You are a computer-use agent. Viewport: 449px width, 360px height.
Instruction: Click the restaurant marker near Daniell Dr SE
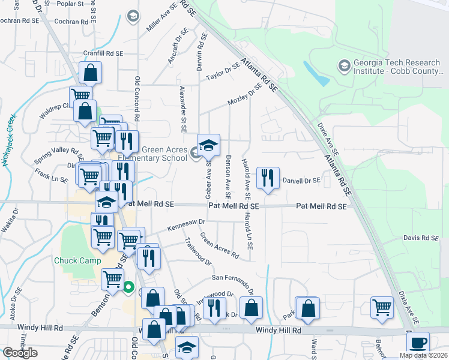pyautogui.click(x=268, y=178)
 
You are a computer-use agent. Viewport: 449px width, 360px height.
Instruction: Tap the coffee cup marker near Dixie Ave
pyautogui.click(x=418, y=343)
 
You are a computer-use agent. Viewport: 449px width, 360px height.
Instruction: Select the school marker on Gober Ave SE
pyautogui.click(x=208, y=145)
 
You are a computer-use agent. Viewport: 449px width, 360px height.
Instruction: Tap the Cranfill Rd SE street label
pyautogui.click(x=103, y=53)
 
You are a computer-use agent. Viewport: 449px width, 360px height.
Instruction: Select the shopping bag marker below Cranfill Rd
pyautogui.click(x=89, y=74)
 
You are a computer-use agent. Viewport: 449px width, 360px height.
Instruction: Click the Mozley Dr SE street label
pyautogui.click(x=245, y=95)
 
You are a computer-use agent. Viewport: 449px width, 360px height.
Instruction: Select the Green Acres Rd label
pyautogui.click(x=219, y=247)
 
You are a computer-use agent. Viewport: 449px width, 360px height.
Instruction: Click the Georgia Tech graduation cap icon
pyautogui.click(x=345, y=65)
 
